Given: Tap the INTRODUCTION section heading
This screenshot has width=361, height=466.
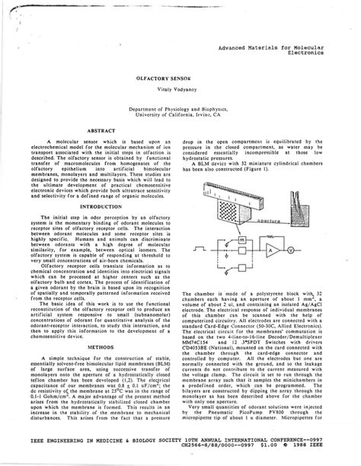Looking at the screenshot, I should point(101,206).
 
